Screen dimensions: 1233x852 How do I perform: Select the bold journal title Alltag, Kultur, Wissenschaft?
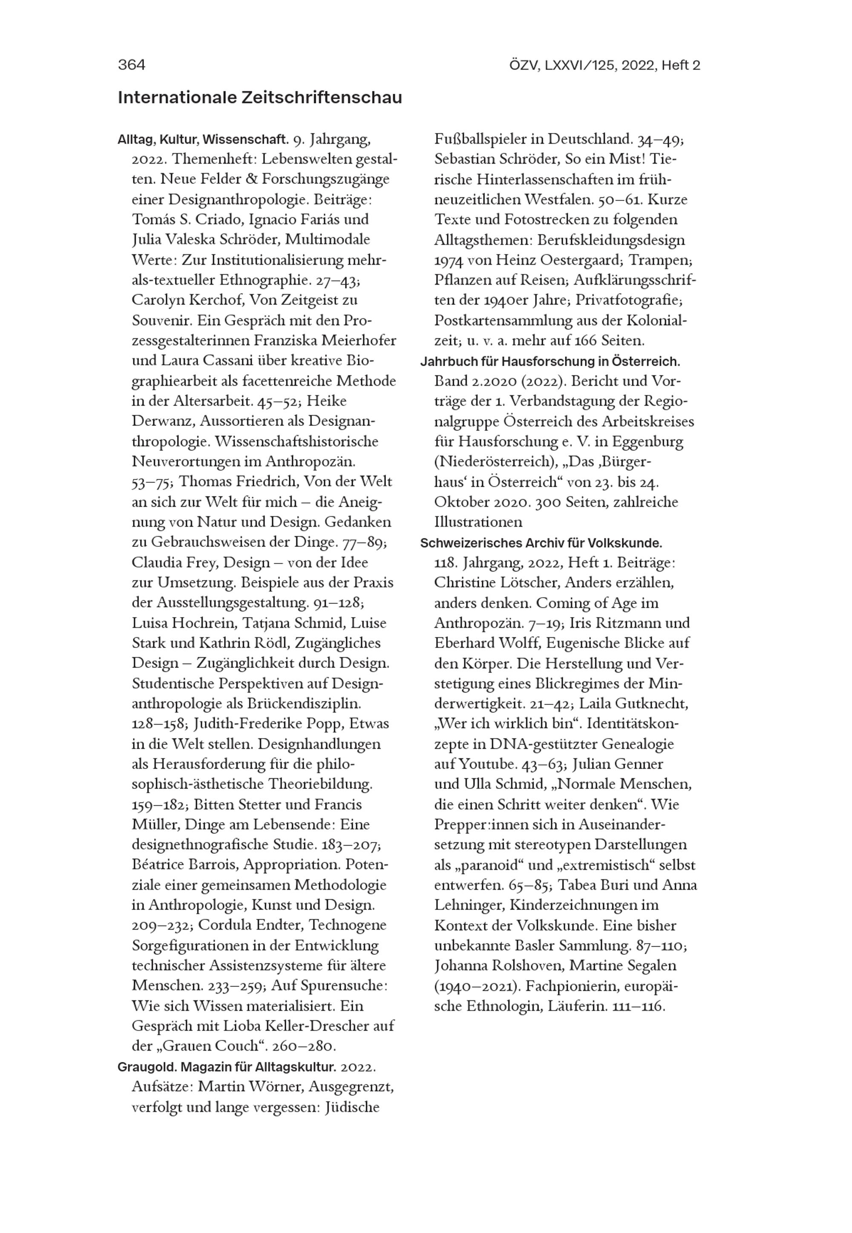[x=203, y=140]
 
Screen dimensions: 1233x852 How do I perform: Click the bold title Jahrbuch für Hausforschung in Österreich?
[x=550, y=361]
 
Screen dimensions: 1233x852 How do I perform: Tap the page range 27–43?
[x=340, y=280]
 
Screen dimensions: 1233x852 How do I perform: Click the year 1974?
[x=449, y=260]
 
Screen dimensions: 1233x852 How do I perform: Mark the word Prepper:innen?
[x=472, y=825]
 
